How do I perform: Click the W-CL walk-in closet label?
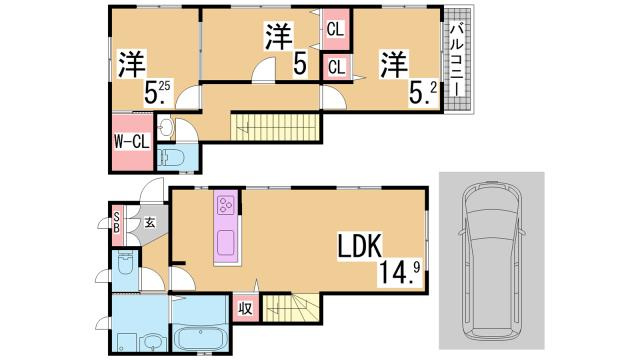click(x=130, y=141)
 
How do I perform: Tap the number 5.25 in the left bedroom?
click(x=156, y=93)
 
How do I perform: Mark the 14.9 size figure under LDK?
click(x=398, y=270)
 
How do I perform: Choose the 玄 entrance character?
click(x=148, y=222)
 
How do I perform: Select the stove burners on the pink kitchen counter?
click(x=225, y=206)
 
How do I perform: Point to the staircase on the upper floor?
click(x=275, y=127)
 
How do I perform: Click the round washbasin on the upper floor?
click(x=166, y=128)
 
